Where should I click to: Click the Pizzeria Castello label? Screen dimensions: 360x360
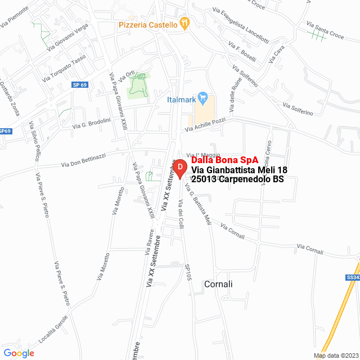click(x=148, y=25)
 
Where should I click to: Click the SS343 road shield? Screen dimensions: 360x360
click(x=353, y=277)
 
